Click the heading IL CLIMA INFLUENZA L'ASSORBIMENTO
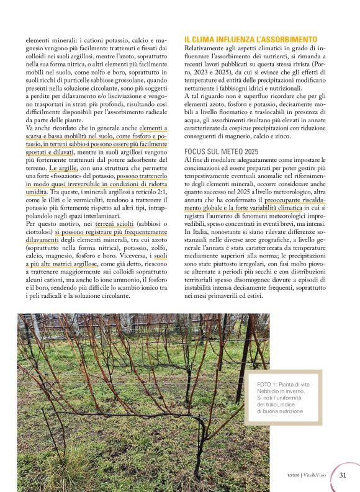tap(251, 38)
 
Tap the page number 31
tap(343, 475)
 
